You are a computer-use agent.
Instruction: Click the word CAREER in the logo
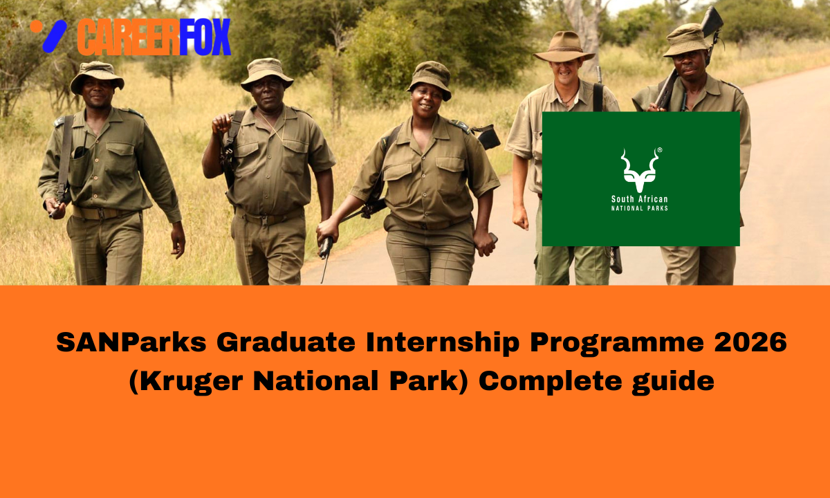pos(128,37)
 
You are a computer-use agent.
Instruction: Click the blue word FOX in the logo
pos(205,37)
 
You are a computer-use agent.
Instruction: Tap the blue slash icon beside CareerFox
pos(54,37)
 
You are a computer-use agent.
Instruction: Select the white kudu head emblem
pos(640,169)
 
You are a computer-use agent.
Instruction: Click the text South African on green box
pos(640,199)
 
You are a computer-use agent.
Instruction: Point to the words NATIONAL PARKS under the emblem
pos(640,208)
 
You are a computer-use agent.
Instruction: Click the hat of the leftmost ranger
pos(97,75)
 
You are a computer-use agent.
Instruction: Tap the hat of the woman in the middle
pos(430,77)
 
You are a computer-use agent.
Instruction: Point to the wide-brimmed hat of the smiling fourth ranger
pos(564,47)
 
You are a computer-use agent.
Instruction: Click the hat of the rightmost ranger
pos(688,40)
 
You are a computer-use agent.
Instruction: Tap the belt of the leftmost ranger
pos(97,213)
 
